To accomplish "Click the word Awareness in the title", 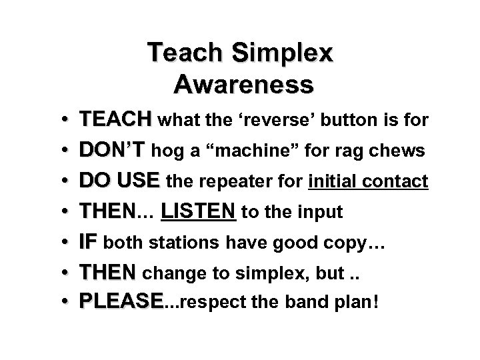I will pos(243,85).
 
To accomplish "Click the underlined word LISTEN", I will pos(199,213).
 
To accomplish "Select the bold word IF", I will pos(89,243).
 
